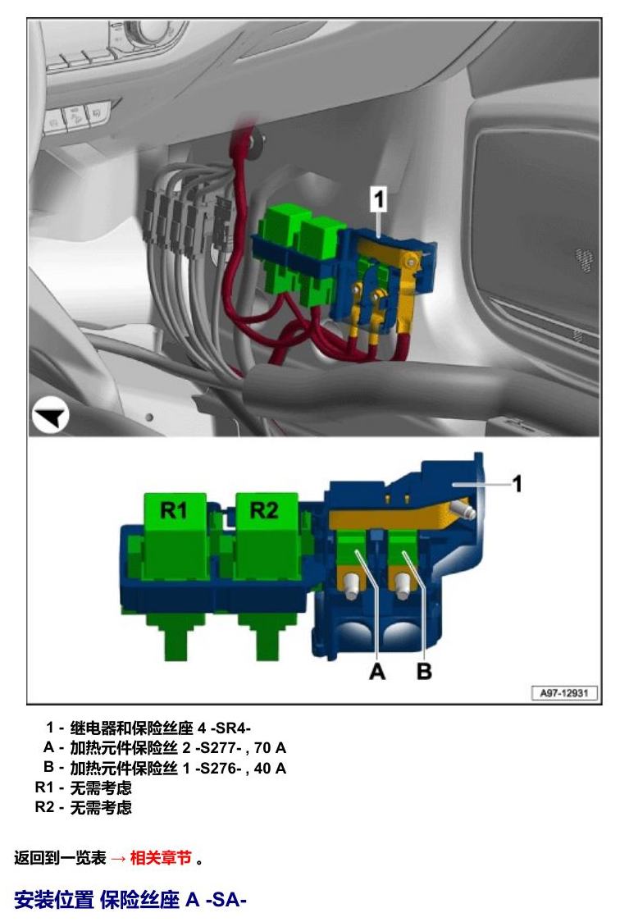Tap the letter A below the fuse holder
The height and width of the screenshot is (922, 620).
(377, 672)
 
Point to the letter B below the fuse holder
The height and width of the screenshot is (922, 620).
(424, 672)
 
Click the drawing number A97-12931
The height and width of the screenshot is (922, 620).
(564, 692)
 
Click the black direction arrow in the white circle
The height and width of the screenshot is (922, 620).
(50, 417)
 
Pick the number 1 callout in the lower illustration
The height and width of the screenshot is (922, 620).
(517, 484)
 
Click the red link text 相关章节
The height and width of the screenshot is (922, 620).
(161, 858)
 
